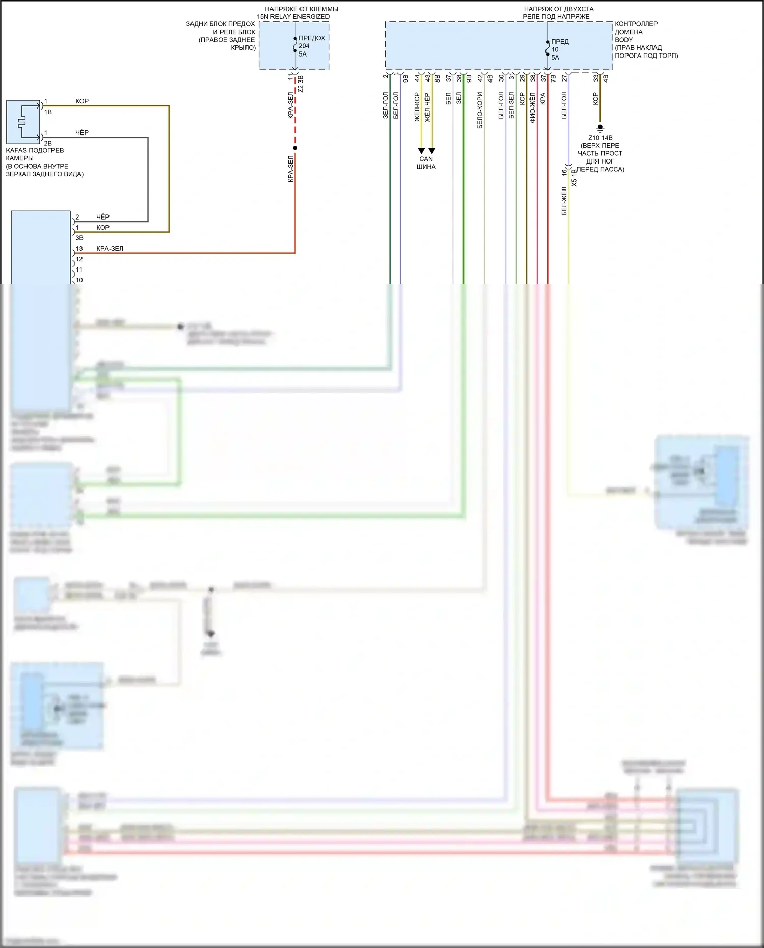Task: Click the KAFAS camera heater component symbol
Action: click(23, 122)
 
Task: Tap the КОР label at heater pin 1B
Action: click(82, 101)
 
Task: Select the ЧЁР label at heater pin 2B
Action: click(82, 132)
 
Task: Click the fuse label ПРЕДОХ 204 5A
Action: click(311, 46)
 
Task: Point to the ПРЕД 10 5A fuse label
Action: click(559, 49)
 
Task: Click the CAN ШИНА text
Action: click(426, 162)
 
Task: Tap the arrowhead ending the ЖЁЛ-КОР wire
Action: click(421, 151)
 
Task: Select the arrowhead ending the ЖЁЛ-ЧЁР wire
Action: click(432, 151)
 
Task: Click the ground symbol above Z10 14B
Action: click(600, 128)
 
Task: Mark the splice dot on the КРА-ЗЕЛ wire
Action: click(295, 148)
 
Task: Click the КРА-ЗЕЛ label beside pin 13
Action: click(110, 249)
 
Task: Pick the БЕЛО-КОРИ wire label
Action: click(480, 110)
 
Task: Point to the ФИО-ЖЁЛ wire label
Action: click(533, 108)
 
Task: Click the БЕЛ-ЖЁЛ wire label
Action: click(564, 201)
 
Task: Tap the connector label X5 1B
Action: click(575, 178)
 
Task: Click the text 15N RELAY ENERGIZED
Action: click(293, 17)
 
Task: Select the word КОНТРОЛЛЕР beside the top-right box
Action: click(636, 24)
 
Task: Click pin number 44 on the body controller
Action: click(417, 78)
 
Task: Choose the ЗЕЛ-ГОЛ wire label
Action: click(386, 105)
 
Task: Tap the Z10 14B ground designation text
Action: click(600, 138)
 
